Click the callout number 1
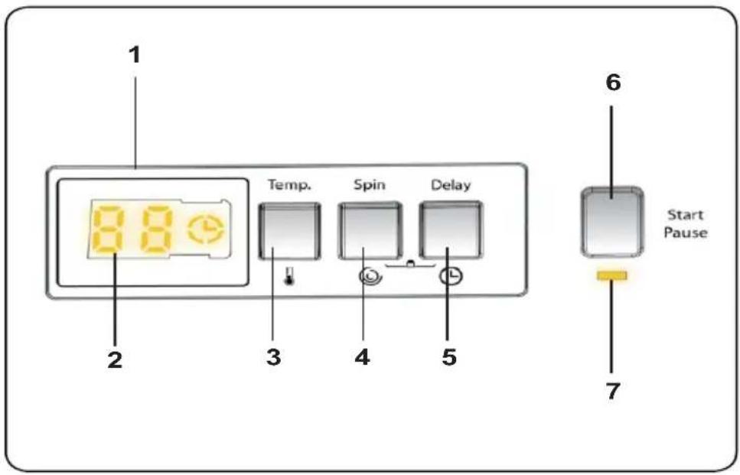coord(135,55)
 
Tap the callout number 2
coord(115,360)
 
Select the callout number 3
coord(274,357)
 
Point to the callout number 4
coord(362,357)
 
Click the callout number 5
coord(449,357)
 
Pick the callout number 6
coord(613,83)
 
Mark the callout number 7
coord(612,391)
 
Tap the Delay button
coord(451,229)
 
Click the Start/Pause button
coord(612,222)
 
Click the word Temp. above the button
coord(290,184)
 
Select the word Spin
coord(370,185)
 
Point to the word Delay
coord(451,185)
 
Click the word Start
coord(685,215)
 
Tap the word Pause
coord(686,232)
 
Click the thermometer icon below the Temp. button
coord(288,276)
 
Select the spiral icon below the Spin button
coord(370,276)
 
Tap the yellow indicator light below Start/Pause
coord(612,275)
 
